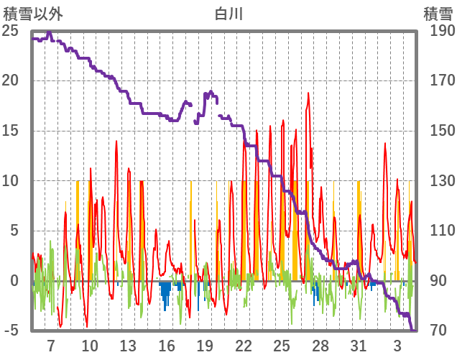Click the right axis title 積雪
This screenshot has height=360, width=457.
coord(437,14)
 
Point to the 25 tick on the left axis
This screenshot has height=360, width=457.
coord(11,31)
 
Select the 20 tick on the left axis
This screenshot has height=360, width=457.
coord(11,80)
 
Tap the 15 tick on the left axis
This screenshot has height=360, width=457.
coord(11,131)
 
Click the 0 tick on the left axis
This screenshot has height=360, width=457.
coord(14,281)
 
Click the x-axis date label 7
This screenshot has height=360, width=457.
coord(51,345)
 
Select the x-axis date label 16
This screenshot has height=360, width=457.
coord(166,345)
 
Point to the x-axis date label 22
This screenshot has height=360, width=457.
coord(243,345)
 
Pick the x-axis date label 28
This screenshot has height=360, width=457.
coord(320,345)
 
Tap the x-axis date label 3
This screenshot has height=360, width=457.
coord(397,345)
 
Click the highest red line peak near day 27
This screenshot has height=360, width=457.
coord(308,93)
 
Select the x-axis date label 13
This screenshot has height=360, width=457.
coord(128,345)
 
